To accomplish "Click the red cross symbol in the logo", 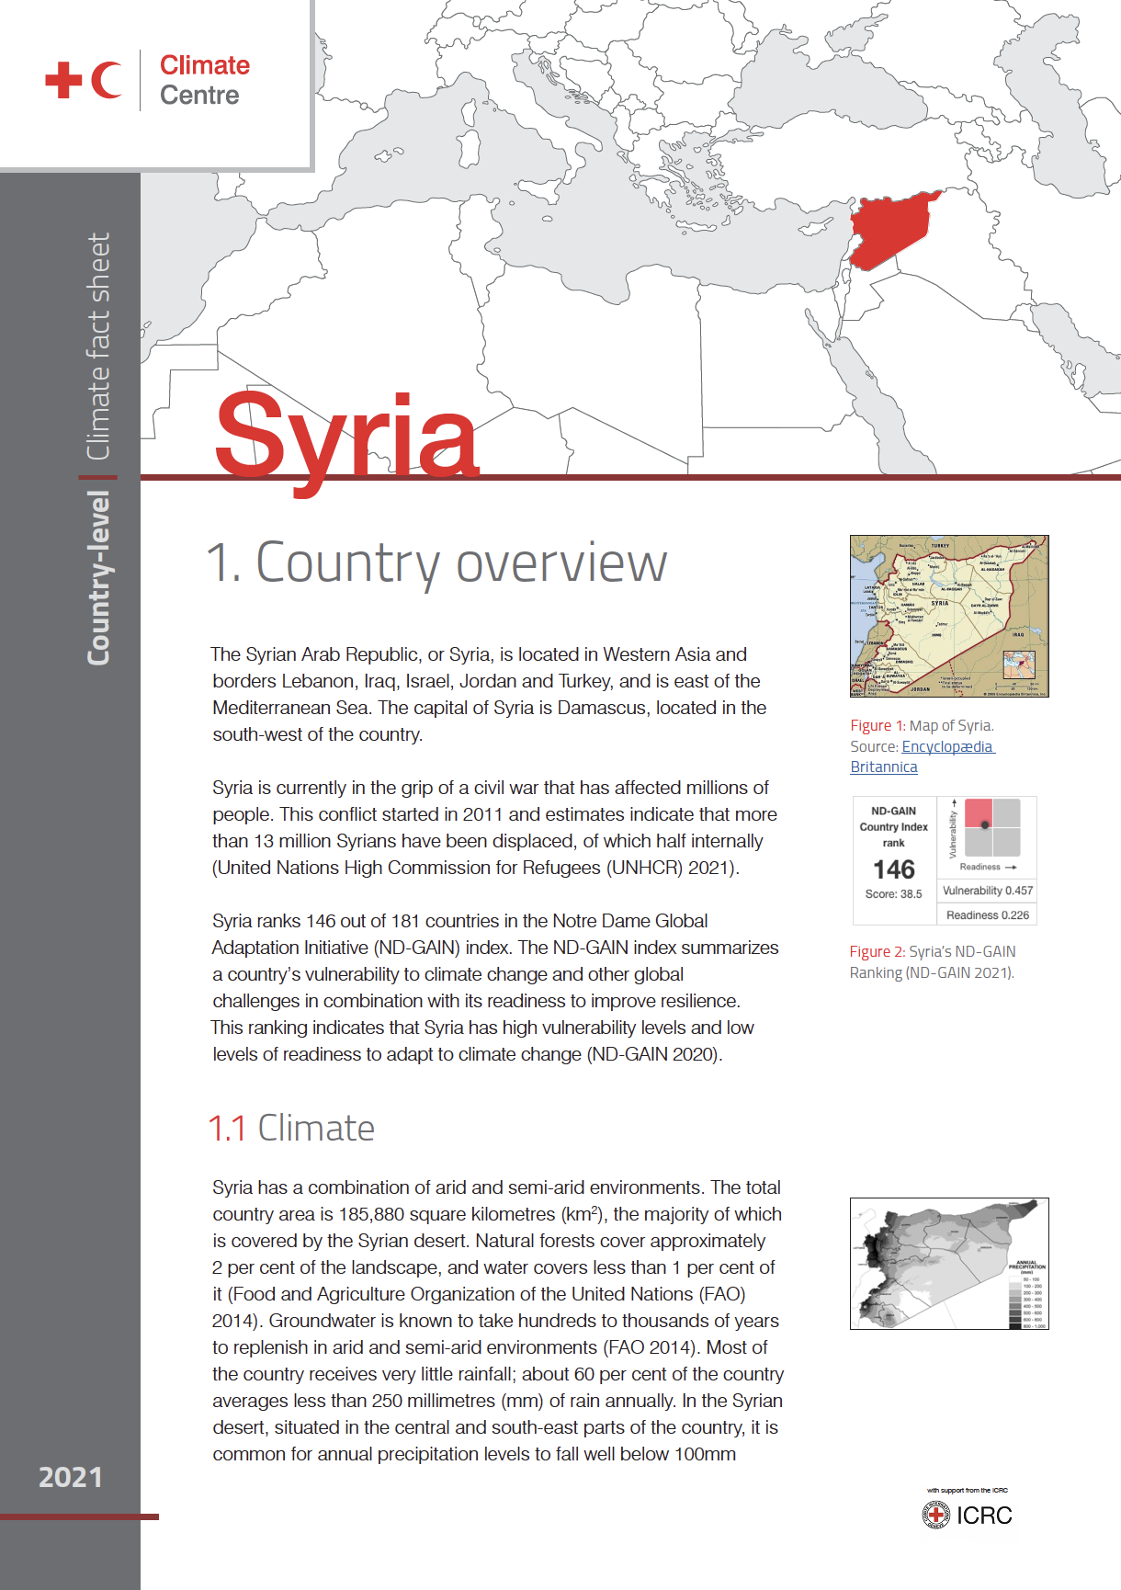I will (x=63, y=80).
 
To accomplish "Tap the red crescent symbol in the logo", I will (x=106, y=80).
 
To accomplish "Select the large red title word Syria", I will (x=346, y=436).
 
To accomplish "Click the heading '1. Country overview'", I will (x=436, y=562).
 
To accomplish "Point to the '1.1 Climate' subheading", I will (x=291, y=1128).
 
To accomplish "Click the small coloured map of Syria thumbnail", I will (x=948, y=616).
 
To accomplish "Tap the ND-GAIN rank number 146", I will (x=893, y=869).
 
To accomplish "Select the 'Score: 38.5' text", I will (x=893, y=894).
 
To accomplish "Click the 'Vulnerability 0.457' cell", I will (x=988, y=891).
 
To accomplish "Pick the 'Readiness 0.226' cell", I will (x=988, y=915).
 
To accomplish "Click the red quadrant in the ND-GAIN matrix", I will (x=979, y=812).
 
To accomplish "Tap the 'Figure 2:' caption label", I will (x=878, y=952).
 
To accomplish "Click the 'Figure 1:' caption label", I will (x=878, y=726).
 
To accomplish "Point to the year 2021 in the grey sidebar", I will (x=70, y=1477).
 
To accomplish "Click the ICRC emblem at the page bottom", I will (x=935, y=1515).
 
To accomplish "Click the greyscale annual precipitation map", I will (x=948, y=1263).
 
